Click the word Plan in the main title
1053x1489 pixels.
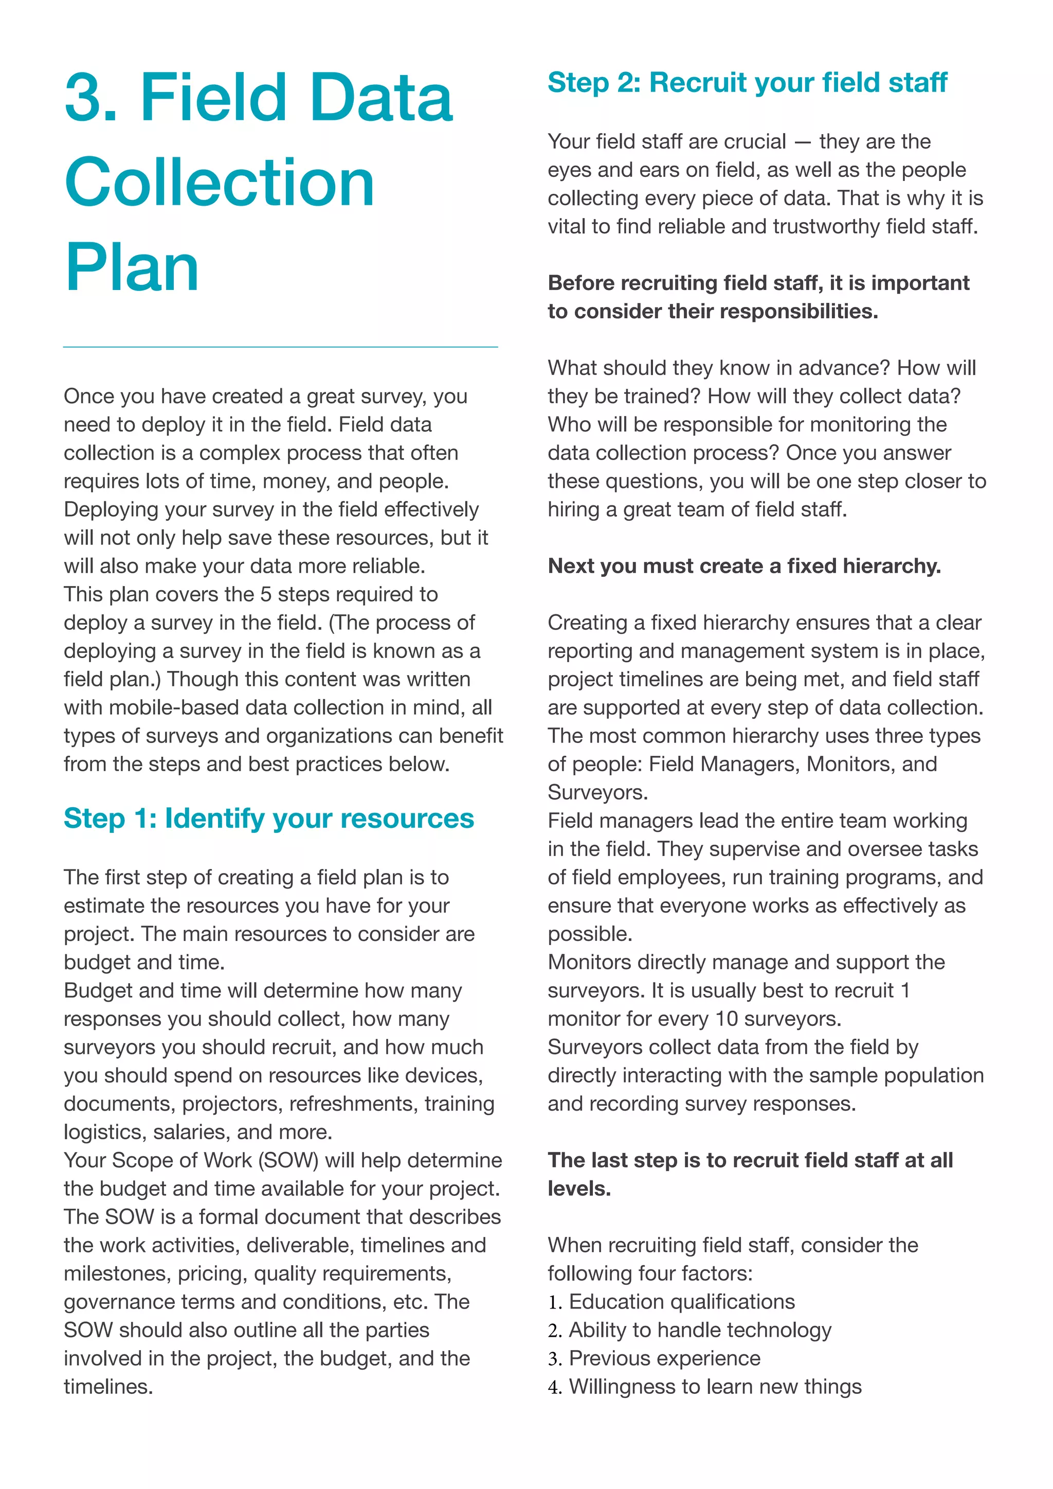pos(132,268)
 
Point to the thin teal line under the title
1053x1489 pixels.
pos(280,347)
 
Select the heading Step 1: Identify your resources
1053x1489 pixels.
pos(268,819)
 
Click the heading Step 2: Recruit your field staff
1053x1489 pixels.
pos(747,82)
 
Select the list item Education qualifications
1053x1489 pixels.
pos(681,1301)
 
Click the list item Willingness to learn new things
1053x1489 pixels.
pos(715,1387)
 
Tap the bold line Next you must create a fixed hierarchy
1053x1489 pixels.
pos(743,566)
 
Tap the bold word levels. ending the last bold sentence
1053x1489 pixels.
pos(579,1189)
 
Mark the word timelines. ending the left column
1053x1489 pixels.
pos(108,1387)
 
